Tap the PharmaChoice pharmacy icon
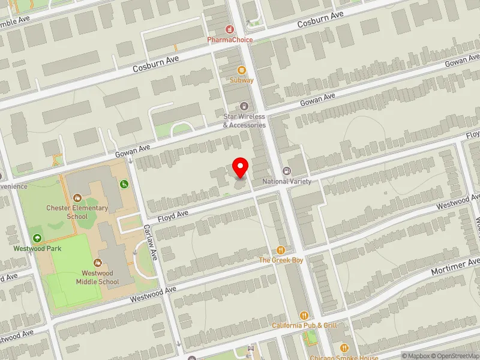click(x=229, y=29)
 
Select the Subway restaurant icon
click(x=242, y=70)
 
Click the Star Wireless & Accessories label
click(x=244, y=122)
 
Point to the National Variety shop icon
click(x=286, y=172)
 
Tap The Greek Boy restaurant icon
click(x=280, y=250)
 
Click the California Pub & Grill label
click(x=304, y=325)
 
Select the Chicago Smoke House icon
click(x=344, y=348)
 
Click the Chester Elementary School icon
click(x=77, y=197)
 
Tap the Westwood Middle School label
click(x=97, y=277)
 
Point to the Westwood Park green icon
click(x=38, y=239)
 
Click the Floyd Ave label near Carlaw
click(x=173, y=214)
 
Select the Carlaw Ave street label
click(x=149, y=242)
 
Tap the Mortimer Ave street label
click(x=456, y=268)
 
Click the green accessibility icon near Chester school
click(x=124, y=184)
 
